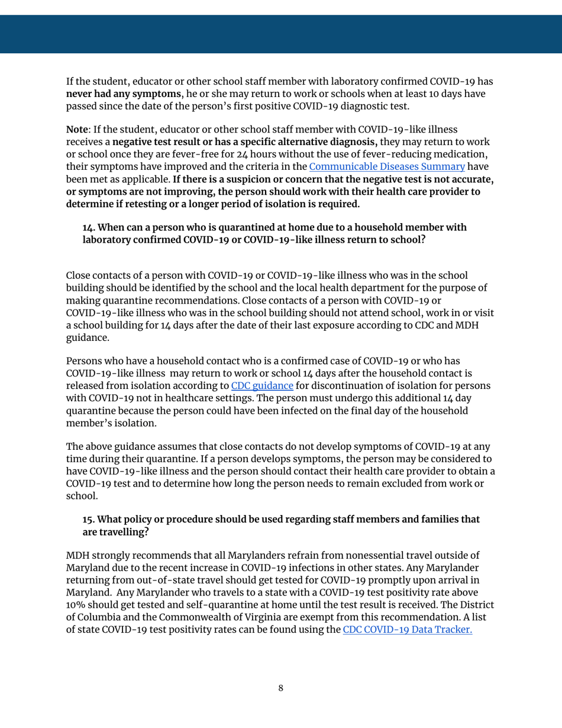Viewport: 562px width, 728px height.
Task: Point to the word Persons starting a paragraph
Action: tap(85, 360)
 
